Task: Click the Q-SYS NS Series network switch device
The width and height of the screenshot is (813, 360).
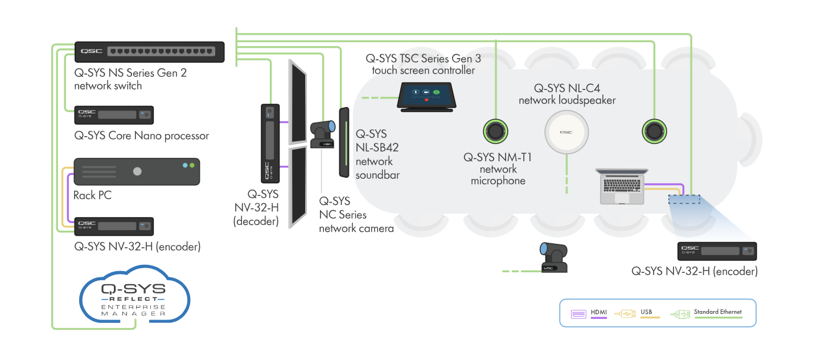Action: click(x=150, y=52)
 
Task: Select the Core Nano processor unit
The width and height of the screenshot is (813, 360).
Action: click(x=114, y=115)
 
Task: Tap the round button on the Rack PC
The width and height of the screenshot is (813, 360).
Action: click(x=137, y=171)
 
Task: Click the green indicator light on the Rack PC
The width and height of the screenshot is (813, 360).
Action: click(x=192, y=165)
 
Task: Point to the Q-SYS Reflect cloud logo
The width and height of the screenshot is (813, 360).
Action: click(x=134, y=294)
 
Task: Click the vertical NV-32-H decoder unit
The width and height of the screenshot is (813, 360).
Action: click(x=270, y=144)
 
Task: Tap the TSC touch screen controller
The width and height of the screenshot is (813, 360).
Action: click(x=426, y=97)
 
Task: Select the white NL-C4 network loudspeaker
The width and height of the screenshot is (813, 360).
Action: click(x=566, y=132)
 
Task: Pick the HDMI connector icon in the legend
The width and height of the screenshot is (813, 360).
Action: click(x=578, y=314)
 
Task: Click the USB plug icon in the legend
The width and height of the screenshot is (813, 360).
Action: click(x=625, y=314)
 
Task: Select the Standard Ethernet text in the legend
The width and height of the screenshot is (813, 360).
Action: click(x=717, y=312)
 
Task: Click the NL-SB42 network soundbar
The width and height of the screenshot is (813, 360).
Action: click(x=344, y=142)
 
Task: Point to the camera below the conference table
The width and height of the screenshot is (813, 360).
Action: click(x=553, y=257)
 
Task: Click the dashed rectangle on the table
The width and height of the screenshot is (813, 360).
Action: click(x=684, y=199)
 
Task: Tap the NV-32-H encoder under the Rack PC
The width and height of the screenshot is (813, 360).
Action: click(x=114, y=226)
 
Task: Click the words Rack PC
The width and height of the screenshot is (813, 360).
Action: click(x=92, y=195)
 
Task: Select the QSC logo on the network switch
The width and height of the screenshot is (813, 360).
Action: click(x=92, y=51)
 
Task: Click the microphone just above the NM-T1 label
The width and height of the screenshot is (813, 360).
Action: click(x=495, y=131)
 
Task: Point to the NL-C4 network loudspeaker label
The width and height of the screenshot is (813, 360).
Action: click(x=567, y=94)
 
